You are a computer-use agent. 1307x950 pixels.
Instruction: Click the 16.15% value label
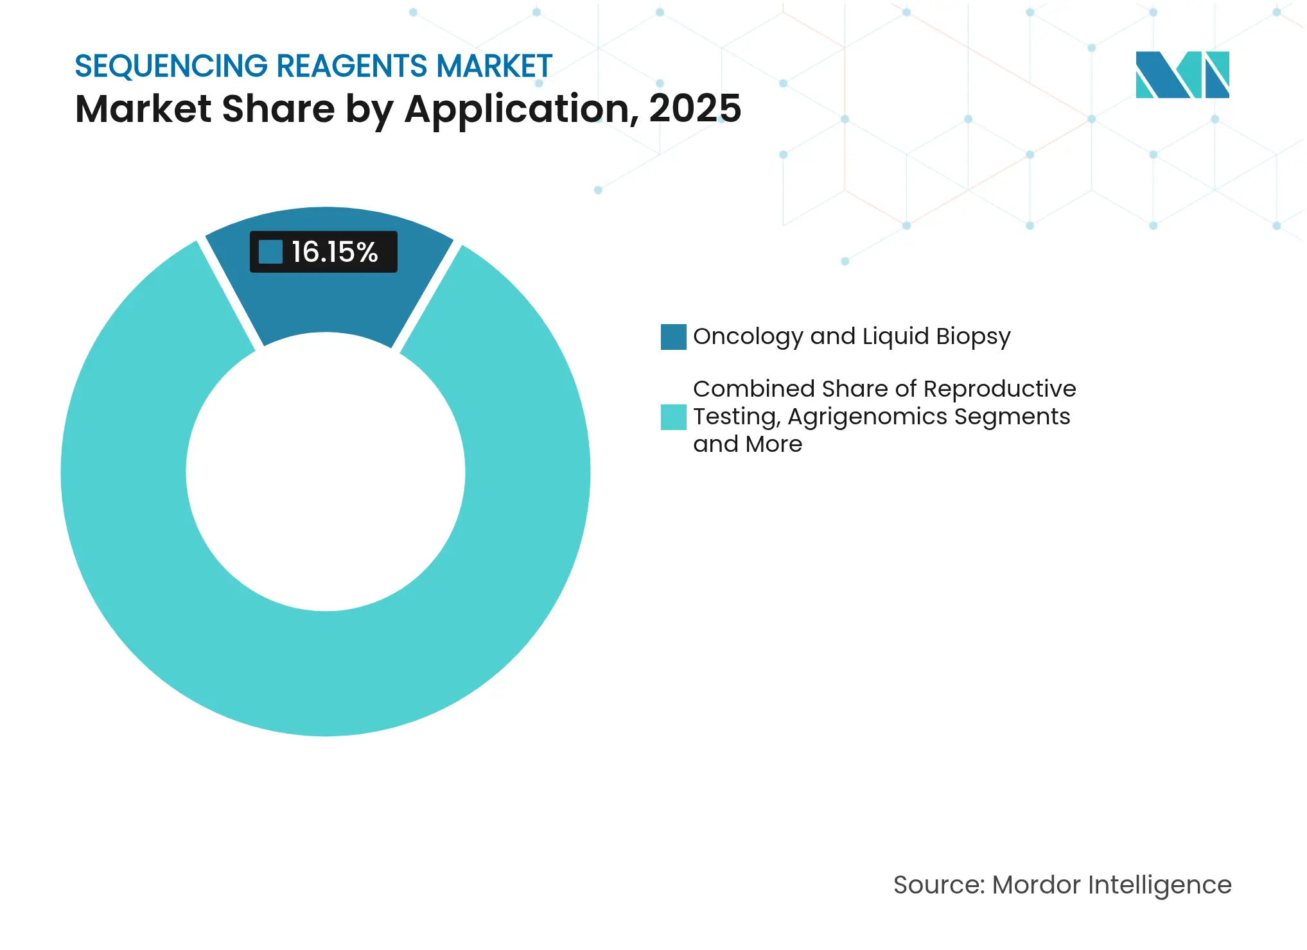(x=334, y=252)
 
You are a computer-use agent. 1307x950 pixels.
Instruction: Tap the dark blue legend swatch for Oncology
(x=673, y=337)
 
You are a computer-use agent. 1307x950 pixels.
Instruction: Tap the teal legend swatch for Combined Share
(x=673, y=417)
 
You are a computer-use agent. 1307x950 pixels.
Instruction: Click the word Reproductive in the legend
(x=999, y=389)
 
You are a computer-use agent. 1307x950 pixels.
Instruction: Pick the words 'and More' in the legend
(x=748, y=444)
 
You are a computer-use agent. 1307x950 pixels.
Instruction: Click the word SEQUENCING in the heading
(x=171, y=66)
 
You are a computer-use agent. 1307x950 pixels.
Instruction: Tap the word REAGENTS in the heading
(x=352, y=66)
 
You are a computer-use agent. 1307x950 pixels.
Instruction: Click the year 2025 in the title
(x=695, y=108)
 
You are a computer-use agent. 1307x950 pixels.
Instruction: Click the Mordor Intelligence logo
(x=1182, y=74)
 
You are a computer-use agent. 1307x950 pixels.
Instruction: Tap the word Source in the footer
(x=938, y=885)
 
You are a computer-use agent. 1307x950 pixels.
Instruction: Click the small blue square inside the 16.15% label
(x=270, y=252)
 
